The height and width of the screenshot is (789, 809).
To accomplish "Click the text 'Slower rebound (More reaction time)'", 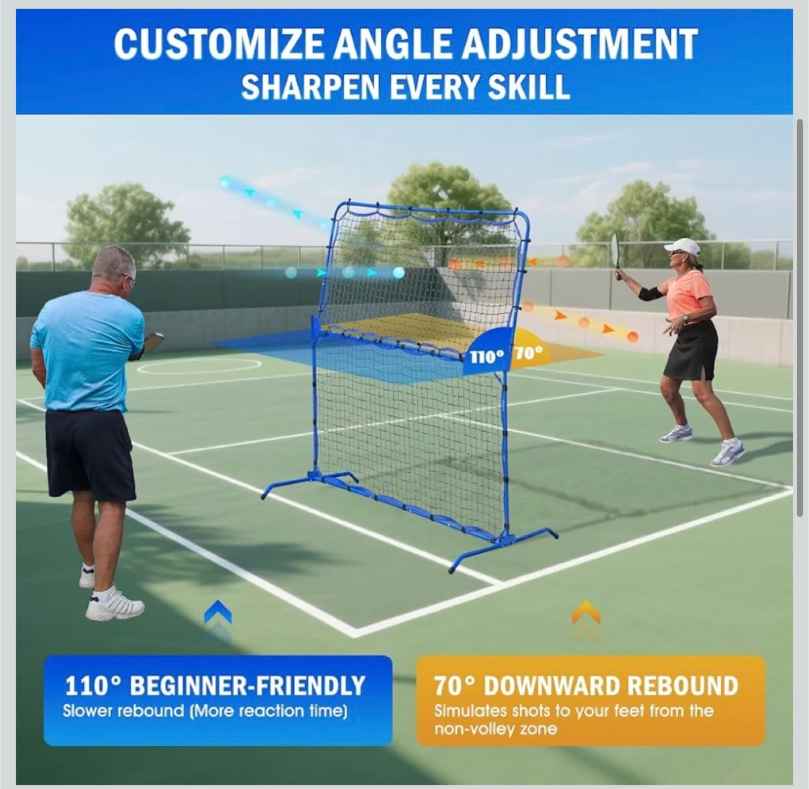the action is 205,711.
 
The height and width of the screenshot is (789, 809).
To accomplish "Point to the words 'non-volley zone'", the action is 496,729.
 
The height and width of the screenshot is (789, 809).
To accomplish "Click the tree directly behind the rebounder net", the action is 447,199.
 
